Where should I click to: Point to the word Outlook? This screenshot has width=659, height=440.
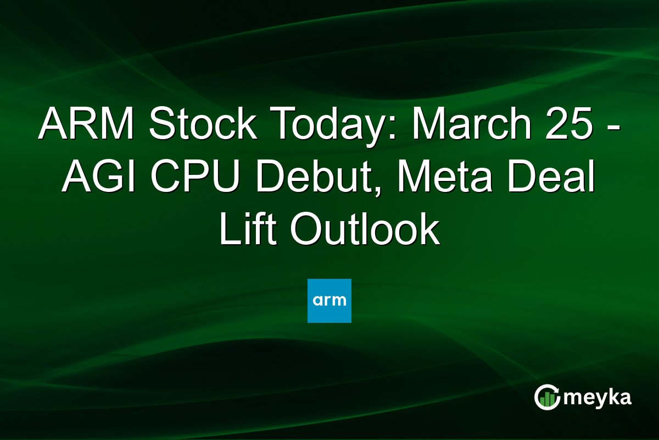365,231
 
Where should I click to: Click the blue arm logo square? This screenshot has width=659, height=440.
329,300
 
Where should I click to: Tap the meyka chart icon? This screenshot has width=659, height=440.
547,397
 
